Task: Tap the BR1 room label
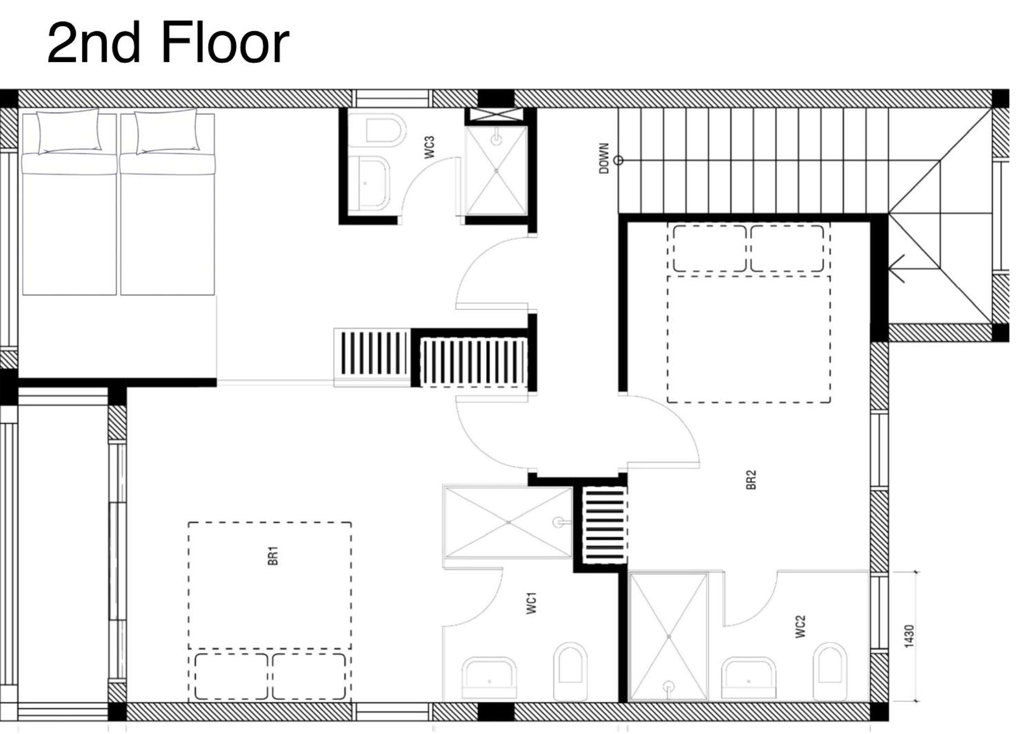pyautogui.click(x=273, y=556)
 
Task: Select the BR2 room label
pyautogui.click(x=751, y=480)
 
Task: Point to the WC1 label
pyautogui.click(x=531, y=603)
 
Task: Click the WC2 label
pyautogui.click(x=800, y=627)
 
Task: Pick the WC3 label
pyautogui.click(x=429, y=147)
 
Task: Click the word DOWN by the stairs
pyautogui.click(x=604, y=158)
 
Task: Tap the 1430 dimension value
pyautogui.click(x=909, y=637)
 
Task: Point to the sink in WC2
pyautogui.click(x=748, y=678)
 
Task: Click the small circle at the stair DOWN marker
pyautogui.click(x=619, y=160)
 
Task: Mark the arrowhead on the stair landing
pyautogui.click(x=896, y=269)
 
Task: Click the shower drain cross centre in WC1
pyautogui.click(x=508, y=522)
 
